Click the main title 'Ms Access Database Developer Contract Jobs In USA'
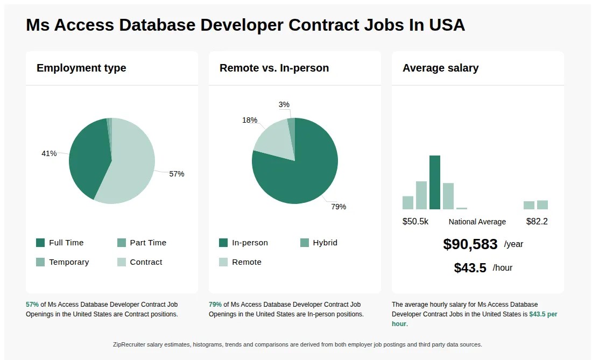point(245,25)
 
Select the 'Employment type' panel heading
point(81,68)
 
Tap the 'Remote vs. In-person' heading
point(274,68)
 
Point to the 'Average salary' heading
point(440,68)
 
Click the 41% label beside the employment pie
point(49,153)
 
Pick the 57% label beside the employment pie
point(177,174)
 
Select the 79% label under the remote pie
point(339,207)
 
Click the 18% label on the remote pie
point(250,120)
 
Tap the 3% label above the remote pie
point(284,104)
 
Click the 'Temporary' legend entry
point(69,262)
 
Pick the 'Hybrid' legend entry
point(325,243)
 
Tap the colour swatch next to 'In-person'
point(223,243)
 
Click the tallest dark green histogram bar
point(435,182)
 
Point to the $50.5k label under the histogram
point(415,221)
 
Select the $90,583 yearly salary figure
point(470,244)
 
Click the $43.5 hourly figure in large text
point(470,268)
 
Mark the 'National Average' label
point(477,222)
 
